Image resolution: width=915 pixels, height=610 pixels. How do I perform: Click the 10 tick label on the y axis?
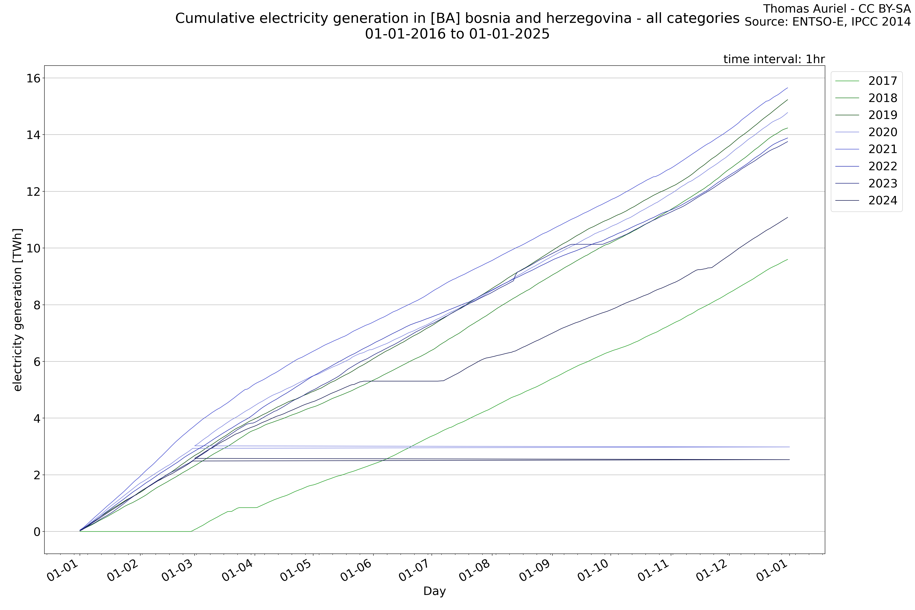click(x=34, y=248)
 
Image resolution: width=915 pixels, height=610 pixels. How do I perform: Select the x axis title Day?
click(x=435, y=591)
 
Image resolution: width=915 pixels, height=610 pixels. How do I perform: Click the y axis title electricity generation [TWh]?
click(x=18, y=310)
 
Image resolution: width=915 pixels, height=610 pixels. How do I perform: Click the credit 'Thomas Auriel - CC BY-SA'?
click(x=836, y=9)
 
